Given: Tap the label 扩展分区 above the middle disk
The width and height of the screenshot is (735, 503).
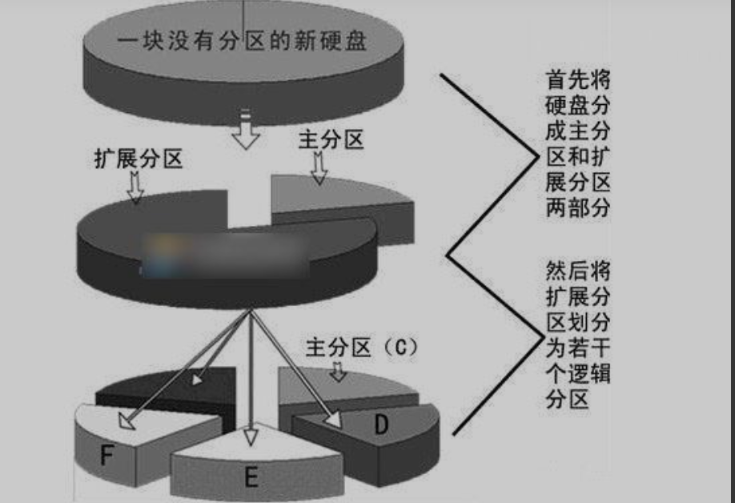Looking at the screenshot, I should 139,159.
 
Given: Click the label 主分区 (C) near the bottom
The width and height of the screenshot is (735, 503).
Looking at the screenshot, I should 362,348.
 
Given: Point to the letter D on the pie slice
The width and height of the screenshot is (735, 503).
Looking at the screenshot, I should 381,424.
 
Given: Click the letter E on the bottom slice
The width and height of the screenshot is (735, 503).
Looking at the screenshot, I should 251,479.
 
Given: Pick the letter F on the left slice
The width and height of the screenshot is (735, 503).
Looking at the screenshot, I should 106,456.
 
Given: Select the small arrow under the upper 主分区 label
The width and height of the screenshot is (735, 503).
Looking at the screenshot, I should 319,168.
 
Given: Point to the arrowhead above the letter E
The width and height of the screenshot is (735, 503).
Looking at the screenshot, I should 251,436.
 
